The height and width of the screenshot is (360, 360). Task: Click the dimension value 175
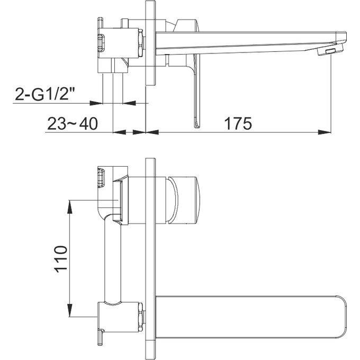(237, 123)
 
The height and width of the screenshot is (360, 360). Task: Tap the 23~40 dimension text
(73, 124)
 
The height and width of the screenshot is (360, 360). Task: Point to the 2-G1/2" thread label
(45, 95)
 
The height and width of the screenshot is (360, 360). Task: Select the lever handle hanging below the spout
(196, 95)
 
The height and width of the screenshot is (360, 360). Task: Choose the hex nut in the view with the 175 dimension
(140, 43)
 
